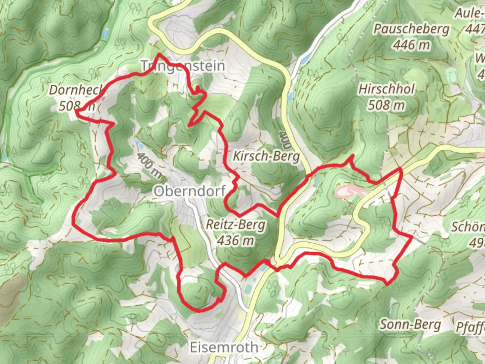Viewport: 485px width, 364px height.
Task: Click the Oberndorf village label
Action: click(x=190, y=191)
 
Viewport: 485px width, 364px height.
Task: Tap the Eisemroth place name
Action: click(x=224, y=347)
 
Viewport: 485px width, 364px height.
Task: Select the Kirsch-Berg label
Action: click(x=266, y=156)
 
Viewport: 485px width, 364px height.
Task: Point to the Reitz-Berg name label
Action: click(x=235, y=224)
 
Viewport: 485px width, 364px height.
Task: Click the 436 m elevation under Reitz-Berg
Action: click(x=235, y=241)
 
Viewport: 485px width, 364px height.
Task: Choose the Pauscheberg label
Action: click(x=411, y=29)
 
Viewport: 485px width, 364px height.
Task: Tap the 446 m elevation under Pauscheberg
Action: click(x=411, y=44)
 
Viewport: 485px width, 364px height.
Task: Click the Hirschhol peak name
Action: click(x=386, y=89)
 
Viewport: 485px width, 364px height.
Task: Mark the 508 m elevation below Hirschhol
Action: click(x=386, y=105)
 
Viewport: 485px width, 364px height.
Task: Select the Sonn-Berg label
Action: click(x=410, y=325)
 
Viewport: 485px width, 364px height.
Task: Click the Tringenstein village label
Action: click(x=183, y=66)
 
